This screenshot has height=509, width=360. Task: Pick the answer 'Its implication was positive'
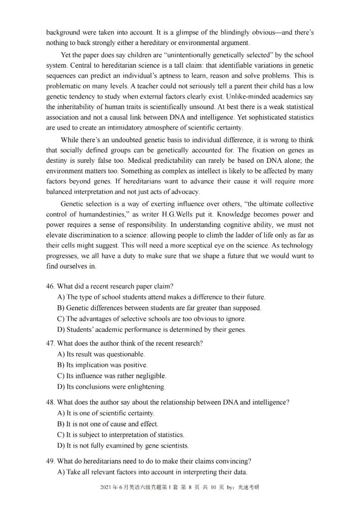[103, 365]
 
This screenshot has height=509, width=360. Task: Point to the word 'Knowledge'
[251, 214]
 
